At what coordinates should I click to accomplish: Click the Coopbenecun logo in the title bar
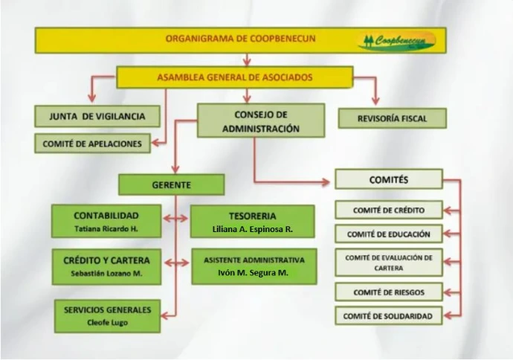[x=396, y=41]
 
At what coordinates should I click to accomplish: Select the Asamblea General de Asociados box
[x=235, y=77]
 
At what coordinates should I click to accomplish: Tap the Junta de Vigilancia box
[x=97, y=116]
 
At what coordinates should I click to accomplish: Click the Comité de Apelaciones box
[x=93, y=144]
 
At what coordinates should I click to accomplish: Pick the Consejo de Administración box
[x=261, y=120]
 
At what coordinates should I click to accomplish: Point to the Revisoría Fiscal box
[x=393, y=118]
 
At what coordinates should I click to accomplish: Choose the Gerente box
[x=172, y=185]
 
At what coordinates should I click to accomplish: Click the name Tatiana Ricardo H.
[x=106, y=229]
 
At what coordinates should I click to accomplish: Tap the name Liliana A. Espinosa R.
[x=253, y=229]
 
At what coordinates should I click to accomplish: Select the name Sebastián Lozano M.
[x=106, y=274]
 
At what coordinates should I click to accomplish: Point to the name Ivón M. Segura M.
[x=254, y=273]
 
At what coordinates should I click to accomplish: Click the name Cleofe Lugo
[x=107, y=323]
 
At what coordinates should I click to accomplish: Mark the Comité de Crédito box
[x=389, y=210]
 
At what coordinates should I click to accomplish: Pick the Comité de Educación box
[x=389, y=234]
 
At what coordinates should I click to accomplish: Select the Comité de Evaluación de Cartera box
[x=389, y=263]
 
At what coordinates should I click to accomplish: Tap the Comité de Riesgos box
[x=389, y=292]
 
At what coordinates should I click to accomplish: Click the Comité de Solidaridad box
[x=389, y=316]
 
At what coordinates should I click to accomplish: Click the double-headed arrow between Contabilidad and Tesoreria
[x=175, y=218]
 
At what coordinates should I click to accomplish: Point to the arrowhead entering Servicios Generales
[x=165, y=316]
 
